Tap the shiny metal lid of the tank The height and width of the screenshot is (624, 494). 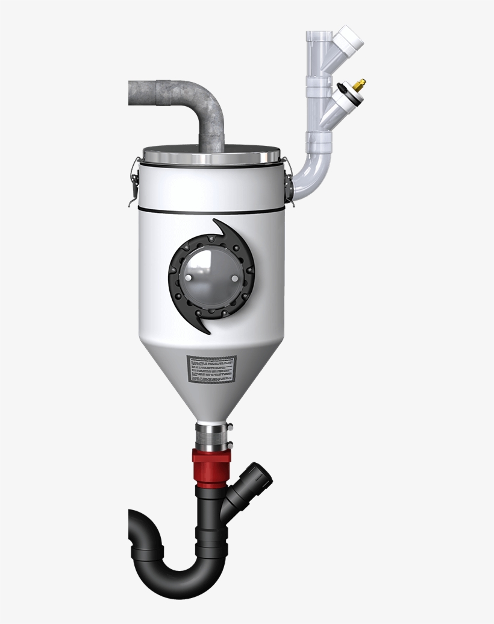(x=211, y=156)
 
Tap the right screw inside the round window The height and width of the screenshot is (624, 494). (x=233, y=279)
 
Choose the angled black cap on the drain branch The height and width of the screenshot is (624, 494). (x=259, y=476)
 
